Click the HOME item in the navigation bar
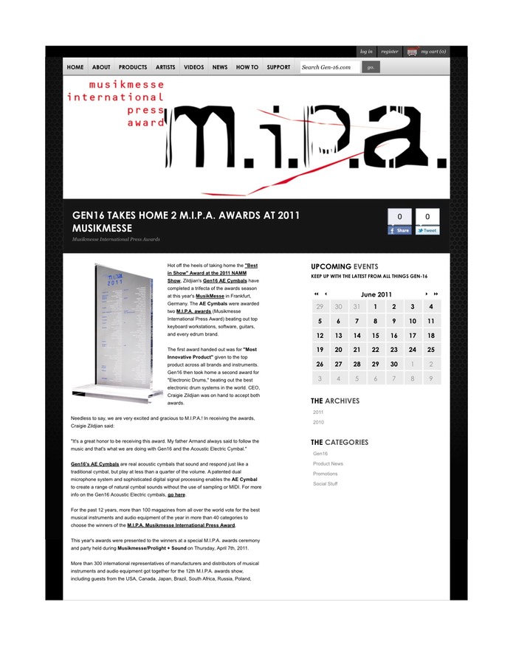[x=75, y=67]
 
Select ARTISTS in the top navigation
[x=165, y=67]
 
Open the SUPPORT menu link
[x=278, y=67]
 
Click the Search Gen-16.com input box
[x=329, y=67]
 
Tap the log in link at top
[x=366, y=52]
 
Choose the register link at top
[x=390, y=52]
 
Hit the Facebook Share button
[x=399, y=230]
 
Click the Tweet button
[x=427, y=230]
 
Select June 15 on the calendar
[x=376, y=335]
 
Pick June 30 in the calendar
[x=394, y=364]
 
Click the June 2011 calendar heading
[x=376, y=294]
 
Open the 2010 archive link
[x=318, y=423]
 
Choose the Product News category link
[x=328, y=463]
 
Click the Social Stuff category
[x=326, y=484]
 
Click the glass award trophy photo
[x=117, y=333]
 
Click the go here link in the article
[x=176, y=495]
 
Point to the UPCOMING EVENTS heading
[x=345, y=266]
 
